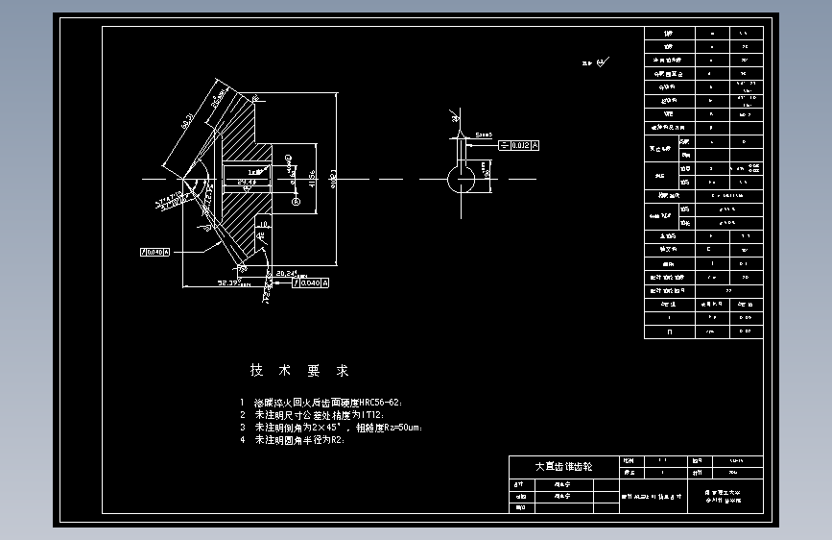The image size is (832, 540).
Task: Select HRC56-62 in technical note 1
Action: pos(369,402)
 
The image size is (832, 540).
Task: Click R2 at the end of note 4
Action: pos(336,439)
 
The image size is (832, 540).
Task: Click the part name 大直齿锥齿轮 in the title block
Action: pos(563,466)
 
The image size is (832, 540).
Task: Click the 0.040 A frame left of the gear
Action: pos(155,252)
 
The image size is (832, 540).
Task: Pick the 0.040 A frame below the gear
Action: pos(313,283)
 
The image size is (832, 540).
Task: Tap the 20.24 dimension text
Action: pos(286,273)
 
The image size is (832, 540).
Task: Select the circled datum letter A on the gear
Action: pos(297,203)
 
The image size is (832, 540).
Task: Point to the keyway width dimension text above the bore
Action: pos(482,135)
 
